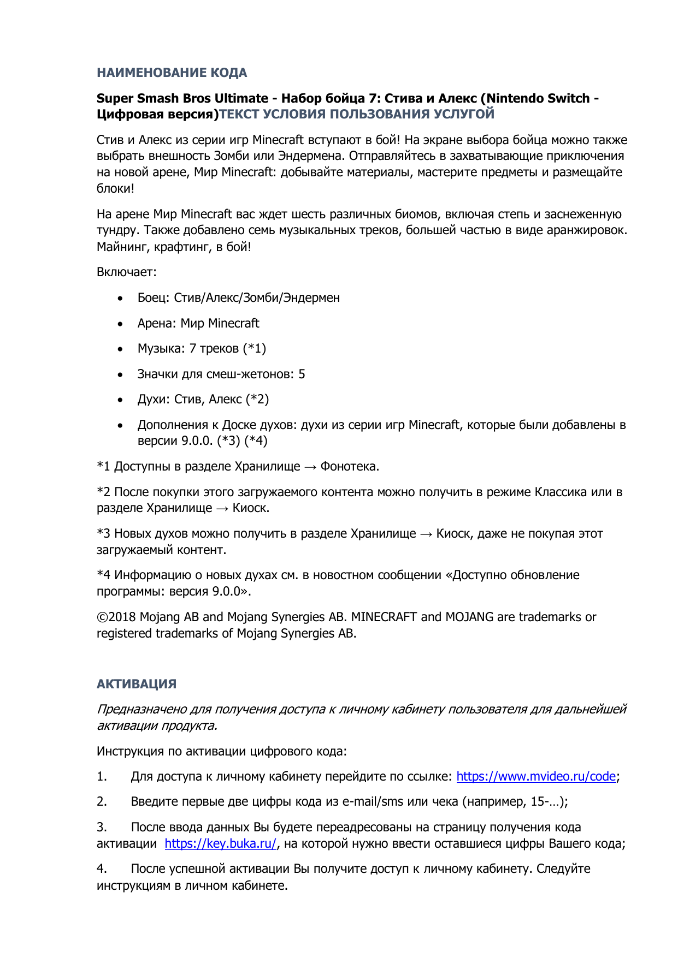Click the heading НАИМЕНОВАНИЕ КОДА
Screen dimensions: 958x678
[x=172, y=73]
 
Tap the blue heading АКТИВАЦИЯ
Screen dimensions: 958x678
[x=136, y=684]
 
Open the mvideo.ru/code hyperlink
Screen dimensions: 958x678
[x=536, y=776]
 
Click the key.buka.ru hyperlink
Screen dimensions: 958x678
[x=220, y=843]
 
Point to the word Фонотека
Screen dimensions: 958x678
[x=349, y=467]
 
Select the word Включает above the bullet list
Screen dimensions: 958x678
[x=126, y=272]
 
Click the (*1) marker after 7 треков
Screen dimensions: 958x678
[x=255, y=348]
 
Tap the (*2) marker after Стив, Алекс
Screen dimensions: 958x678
[x=257, y=399]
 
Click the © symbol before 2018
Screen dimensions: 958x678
[x=102, y=617]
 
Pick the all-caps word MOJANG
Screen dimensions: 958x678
[x=469, y=617]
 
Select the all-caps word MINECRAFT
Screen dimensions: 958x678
[x=384, y=617]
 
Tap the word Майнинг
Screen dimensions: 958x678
[x=123, y=247]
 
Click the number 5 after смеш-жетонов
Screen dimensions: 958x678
[x=302, y=374]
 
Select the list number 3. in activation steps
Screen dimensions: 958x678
[x=102, y=828]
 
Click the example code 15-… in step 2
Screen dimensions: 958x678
[x=546, y=802]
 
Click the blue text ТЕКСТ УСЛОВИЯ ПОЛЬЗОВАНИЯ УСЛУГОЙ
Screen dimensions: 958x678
[x=357, y=114]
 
